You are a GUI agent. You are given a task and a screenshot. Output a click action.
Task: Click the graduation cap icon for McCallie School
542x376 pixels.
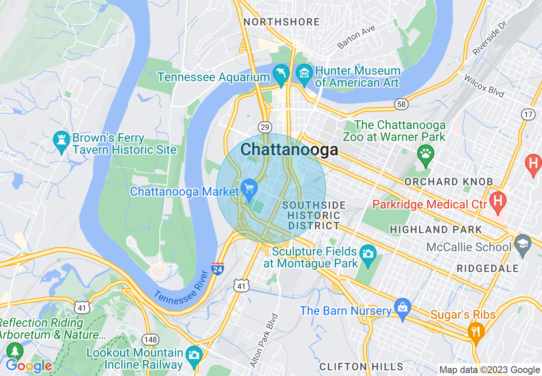523,244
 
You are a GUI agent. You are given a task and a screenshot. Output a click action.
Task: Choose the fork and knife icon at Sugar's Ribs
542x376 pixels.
476,330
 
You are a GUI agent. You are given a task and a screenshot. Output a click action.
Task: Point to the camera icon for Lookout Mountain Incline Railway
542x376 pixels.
194,355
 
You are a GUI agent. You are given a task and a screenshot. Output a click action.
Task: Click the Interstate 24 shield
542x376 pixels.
218,268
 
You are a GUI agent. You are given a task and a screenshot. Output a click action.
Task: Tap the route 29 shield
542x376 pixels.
265,127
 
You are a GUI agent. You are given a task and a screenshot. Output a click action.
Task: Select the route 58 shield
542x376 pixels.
401,104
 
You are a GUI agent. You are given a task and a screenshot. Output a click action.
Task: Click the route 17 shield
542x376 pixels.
528,114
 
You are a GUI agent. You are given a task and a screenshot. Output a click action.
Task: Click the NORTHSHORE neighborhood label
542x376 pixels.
281,22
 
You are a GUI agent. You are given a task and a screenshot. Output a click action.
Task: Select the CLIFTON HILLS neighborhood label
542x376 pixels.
362,367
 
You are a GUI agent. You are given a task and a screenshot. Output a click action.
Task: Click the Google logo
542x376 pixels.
29,366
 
